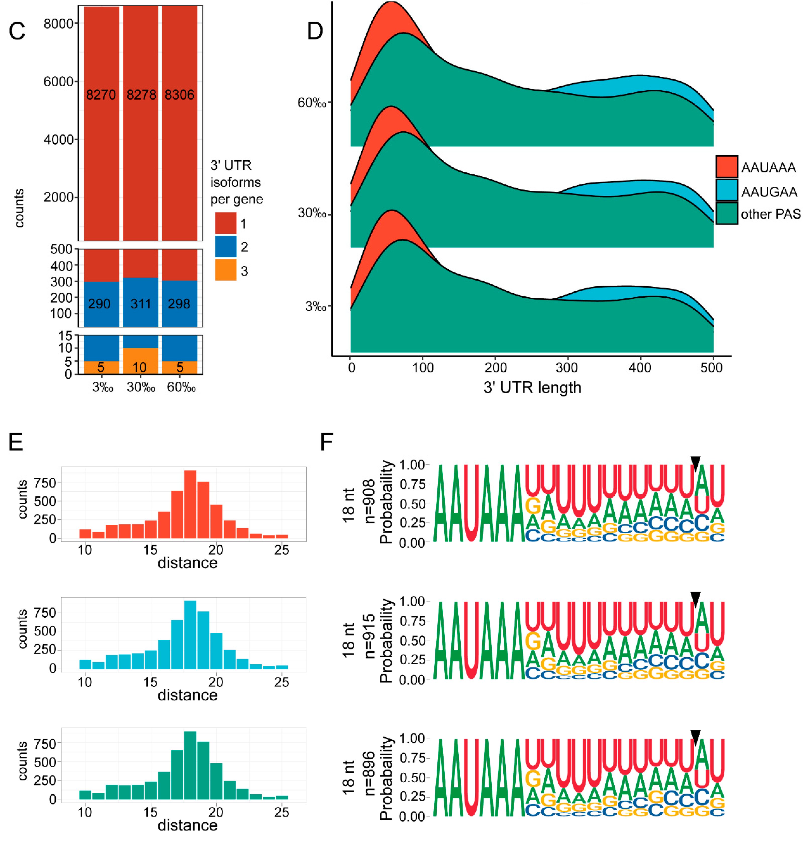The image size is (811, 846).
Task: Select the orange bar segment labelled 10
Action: pyautogui.click(x=140, y=361)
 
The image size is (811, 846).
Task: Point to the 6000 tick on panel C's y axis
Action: pyautogui.click(x=58, y=82)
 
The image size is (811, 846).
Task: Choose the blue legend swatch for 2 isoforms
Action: pyautogui.click(x=225, y=246)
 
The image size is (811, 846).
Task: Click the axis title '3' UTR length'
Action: pyautogui.click(x=532, y=387)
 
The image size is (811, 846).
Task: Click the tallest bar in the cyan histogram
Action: pyautogui.click(x=190, y=634)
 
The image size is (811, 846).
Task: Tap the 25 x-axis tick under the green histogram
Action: pyautogui.click(x=281, y=812)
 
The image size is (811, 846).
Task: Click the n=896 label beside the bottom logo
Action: pyautogui.click(x=369, y=773)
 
